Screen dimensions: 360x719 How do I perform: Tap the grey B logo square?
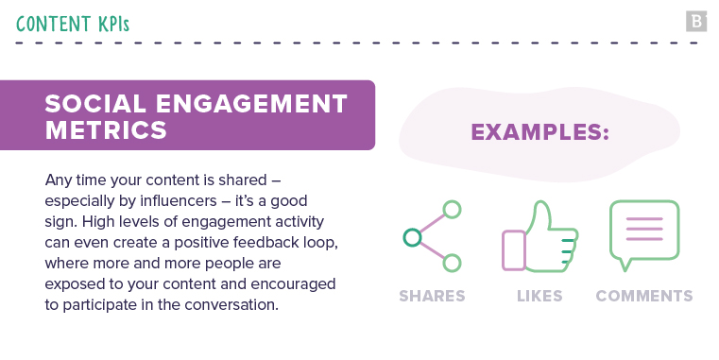point(696,21)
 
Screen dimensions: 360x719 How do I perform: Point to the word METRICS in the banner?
point(106,129)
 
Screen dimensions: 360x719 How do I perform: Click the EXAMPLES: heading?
point(539,132)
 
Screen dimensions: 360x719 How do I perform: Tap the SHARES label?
point(432,296)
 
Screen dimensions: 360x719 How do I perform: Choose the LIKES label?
point(539,296)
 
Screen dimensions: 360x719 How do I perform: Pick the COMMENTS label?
point(644,296)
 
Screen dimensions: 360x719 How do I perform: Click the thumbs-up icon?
point(545,236)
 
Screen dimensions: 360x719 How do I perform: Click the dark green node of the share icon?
point(411,237)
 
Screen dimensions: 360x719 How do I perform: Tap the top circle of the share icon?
point(453,210)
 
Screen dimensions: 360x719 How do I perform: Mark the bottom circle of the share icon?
point(453,264)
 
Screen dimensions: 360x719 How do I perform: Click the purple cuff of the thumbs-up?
point(513,250)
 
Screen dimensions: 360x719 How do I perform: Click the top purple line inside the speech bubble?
point(644,220)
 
